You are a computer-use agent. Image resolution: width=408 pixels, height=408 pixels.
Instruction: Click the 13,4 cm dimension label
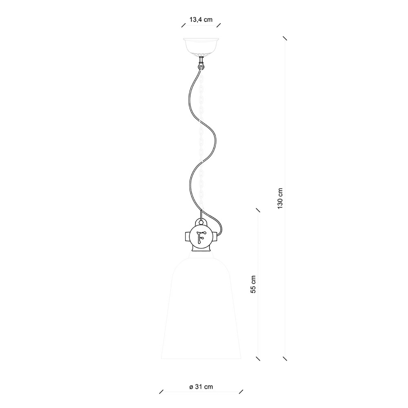click(x=201, y=20)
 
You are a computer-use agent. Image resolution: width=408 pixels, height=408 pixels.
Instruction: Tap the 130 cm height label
click(x=280, y=198)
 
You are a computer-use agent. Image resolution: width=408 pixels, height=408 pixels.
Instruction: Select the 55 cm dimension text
click(x=253, y=284)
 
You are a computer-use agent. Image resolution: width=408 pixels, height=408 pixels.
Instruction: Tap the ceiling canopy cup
click(x=201, y=47)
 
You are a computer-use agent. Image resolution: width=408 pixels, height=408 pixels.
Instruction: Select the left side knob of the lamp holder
click(x=187, y=237)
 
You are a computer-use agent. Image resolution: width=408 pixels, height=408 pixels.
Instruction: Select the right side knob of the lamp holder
click(x=215, y=237)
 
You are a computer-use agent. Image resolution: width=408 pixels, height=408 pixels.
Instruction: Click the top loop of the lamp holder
click(x=201, y=222)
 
